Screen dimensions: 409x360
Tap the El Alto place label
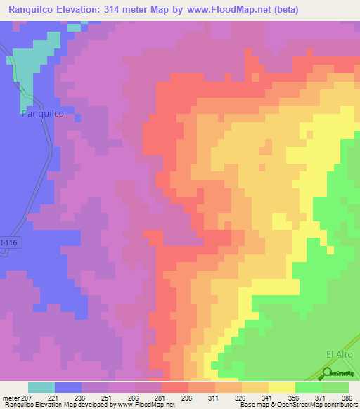[x=337, y=354]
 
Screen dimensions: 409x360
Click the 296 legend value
[x=188, y=397]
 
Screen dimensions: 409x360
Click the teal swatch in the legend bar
[x=41, y=387]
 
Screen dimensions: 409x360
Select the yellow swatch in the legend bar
[x=282, y=387]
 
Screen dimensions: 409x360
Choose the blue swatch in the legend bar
[x=68, y=387]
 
